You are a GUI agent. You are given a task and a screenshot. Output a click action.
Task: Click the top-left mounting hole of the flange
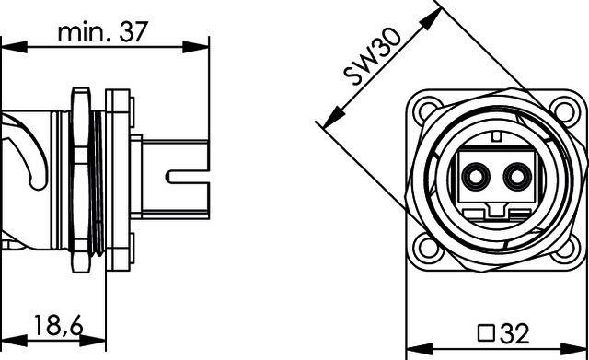click(x=426, y=112)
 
